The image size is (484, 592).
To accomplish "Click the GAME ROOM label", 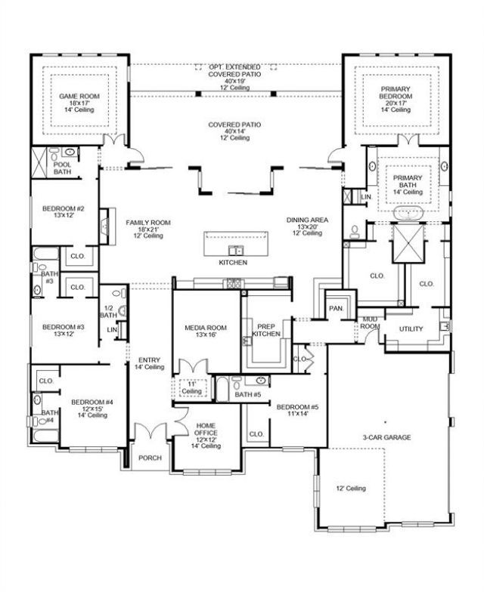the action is point(79,97).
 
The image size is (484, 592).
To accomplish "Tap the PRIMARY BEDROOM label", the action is point(396,92).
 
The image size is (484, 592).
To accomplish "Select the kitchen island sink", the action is point(236,250).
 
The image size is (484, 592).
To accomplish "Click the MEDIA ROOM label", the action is point(206,328).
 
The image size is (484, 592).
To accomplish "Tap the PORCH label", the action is point(150,458).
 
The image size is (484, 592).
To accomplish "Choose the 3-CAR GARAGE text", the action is point(387,438).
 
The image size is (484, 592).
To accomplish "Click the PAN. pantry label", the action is point(336,308).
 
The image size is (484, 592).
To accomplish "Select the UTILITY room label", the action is point(411,329).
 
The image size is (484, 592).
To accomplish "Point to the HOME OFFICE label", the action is point(206,429).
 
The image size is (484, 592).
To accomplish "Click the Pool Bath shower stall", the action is point(39,163).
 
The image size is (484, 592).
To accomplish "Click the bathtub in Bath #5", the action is point(222,388).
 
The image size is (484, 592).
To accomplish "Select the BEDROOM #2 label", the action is point(64,208).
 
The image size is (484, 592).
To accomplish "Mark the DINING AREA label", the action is point(307,220).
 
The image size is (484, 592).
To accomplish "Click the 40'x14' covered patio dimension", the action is point(234,131).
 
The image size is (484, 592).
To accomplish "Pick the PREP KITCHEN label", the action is point(266,331).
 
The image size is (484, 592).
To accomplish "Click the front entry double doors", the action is point(150,430).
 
